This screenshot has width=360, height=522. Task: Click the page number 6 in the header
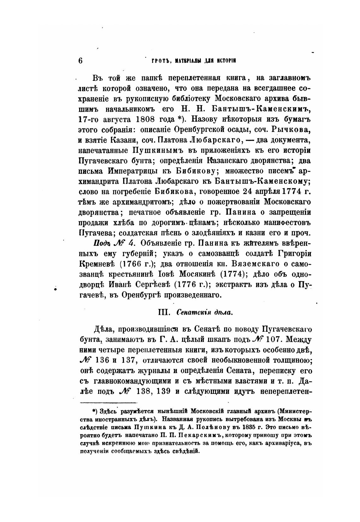[80, 61]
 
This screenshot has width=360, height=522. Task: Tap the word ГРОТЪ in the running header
[161, 61]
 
